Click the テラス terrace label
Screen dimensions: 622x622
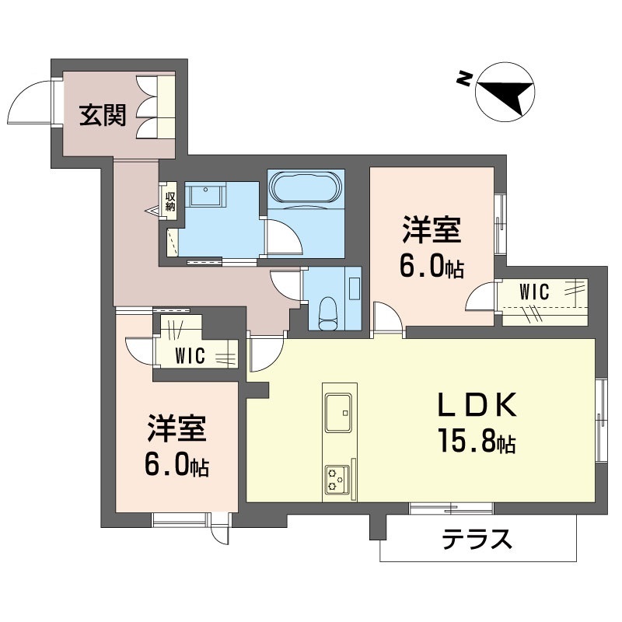coord(477,539)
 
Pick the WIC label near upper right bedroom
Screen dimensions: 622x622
coord(534,293)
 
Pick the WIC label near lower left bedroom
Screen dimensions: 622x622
coord(189,357)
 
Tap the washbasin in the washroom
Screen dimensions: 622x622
coord(205,194)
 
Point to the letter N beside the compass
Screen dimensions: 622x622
coord(464,78)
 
